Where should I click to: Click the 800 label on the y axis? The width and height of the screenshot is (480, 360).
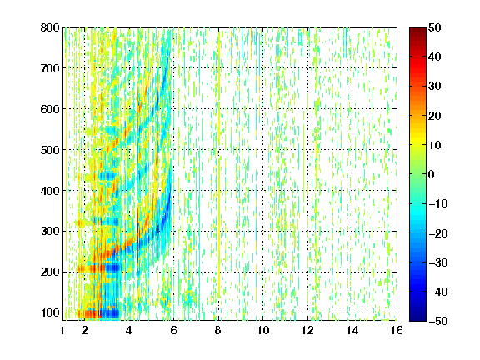click(x=50, y=27)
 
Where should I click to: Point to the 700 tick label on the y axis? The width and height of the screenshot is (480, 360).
click(x=50, y=68)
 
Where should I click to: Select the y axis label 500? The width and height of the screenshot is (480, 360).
click(x=50, y=150)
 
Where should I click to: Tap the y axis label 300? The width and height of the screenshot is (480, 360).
click(x=50, y=232)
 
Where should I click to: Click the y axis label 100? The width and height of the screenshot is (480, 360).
click(x=50, y=312)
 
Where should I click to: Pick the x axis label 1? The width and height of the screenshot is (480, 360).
click(x=62, y=330)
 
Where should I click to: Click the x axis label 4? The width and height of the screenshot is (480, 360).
click(x=129, y=330)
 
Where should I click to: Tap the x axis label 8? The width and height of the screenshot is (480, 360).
click(x=218, y=330)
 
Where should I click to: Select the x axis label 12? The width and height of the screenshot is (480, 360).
click(x=307, y=330)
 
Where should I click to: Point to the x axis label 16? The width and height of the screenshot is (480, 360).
click(x=397, y=330)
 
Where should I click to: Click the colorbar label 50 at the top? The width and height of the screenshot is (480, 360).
click(x=435, y=27)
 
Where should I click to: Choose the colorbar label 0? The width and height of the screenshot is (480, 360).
click(x=432, y=174)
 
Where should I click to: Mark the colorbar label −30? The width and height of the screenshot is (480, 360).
click(x=438, y=262)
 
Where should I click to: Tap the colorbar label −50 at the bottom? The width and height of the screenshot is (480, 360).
click(x=438, y=321)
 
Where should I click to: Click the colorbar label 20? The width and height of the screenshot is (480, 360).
click(x=435, y=116)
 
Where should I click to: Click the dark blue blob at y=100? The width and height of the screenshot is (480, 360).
click(x=110, y=313)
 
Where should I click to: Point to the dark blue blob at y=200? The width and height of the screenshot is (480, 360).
click(x=113, y=268)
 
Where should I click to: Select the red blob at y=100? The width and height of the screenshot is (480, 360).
click(x=89, y=314)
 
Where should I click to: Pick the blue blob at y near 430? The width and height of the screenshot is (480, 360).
click(x=107, y=176)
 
